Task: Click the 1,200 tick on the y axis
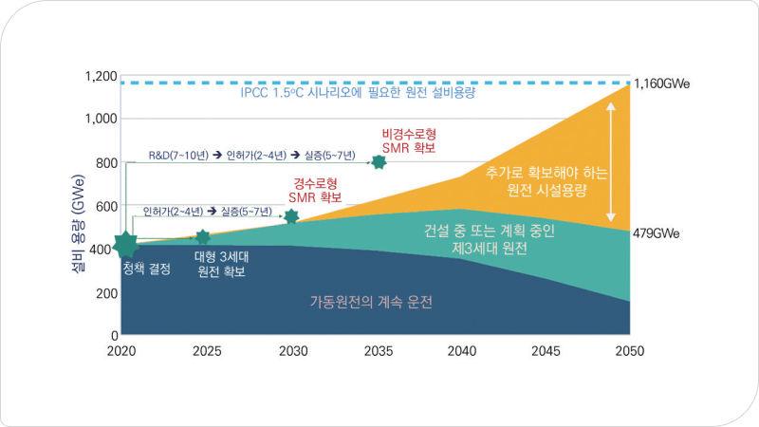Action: (99, 77)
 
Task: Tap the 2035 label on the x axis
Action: (379, 351)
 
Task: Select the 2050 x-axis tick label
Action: (628, 351)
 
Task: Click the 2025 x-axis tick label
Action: (207, 351)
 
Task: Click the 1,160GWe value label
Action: (662, 84)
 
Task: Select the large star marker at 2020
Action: (127, 245)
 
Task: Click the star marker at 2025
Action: (202, 237)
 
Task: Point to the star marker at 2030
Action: (291, 217)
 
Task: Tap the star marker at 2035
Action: (379, 161)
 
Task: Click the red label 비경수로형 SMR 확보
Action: (409, 140)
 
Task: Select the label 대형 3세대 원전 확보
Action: (219, 264)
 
